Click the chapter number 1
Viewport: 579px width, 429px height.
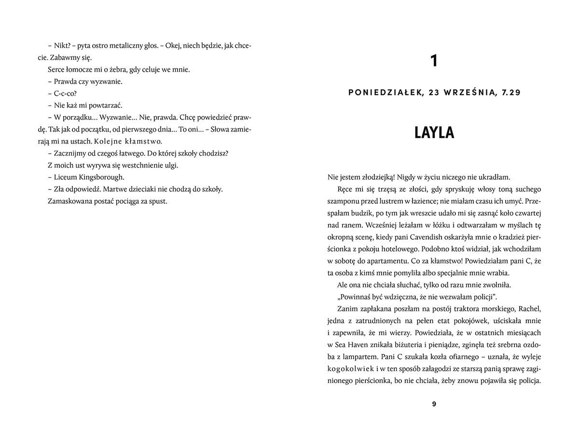click(x=434, y=61)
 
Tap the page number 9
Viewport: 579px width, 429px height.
click(x=434, y=404)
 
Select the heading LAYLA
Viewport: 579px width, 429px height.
click(x=434, y=133)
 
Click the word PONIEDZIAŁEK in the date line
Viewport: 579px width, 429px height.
click(x=382, y=93)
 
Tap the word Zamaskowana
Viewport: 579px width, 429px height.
click(x=69, y=201)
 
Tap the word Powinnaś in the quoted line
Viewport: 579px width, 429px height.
click(x=356, y=296)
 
